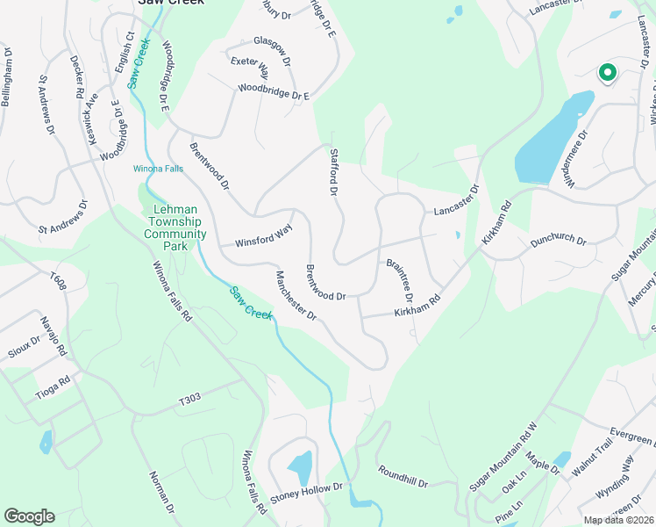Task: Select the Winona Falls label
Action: coord(158,168)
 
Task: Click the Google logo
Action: coord(29,516)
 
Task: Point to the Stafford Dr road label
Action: coord(334,171)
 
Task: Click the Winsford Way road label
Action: coord(263,236)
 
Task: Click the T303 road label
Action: coord(190,400)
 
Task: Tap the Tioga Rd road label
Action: coord(52,386)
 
